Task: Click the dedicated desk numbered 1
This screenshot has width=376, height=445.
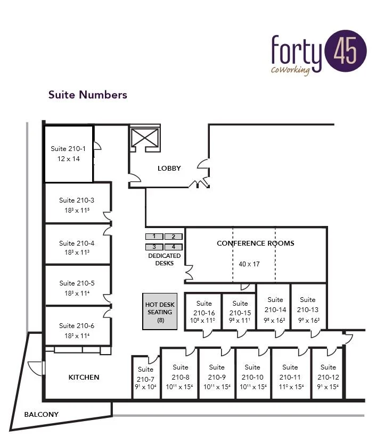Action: pyautogui.click(x=154, y=236)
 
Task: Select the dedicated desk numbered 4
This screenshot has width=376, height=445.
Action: pyautogui.click(x=173, y=247)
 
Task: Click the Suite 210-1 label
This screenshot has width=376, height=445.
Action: pyautogui.click(x=68, y=149)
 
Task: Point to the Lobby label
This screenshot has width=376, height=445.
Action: pyautogui.click(x=169, y=169)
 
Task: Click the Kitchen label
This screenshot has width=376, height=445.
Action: pyautogui.click(x=84, y=377)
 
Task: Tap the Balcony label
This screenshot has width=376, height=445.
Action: pyautogui.click(x=42, y=415)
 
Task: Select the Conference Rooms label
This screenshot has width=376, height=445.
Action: pyautogui.click(x=256, y=244)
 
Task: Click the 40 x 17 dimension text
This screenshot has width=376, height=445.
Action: pyautogui.click(x=249, y=264)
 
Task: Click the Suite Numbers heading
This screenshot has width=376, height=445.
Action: pyautogui.click(x=88, y=95)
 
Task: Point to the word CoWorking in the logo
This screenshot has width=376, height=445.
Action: pyautogui.click(x=290, y=71)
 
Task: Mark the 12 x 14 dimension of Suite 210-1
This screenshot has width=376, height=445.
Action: pyautogui.click(x=68, y=158)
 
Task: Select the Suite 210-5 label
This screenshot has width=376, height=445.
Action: pyautogui.click(x=77, y=283)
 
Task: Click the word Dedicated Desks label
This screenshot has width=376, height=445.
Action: pyautogui.click(x=164, y=259)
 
